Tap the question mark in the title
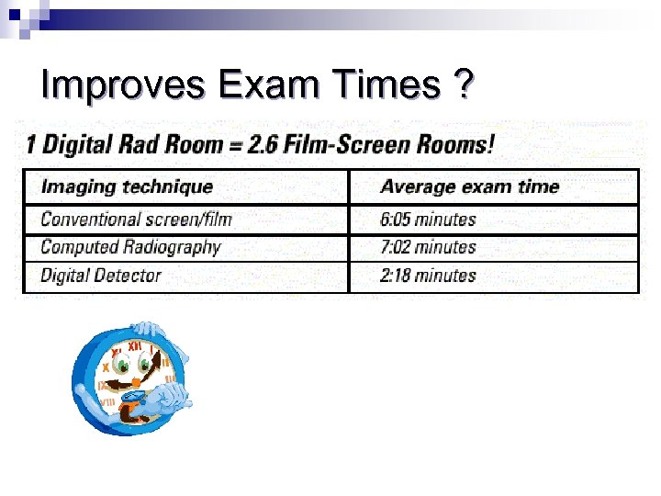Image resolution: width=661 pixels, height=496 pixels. point(465,85)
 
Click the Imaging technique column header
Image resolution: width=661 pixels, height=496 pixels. point(127,186)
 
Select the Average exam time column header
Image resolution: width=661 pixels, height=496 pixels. point(469,186)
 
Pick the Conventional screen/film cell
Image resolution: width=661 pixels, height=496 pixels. point(136,220)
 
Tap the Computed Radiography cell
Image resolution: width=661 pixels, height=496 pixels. point(130,247)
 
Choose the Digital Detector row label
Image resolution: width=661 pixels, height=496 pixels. point(101,275)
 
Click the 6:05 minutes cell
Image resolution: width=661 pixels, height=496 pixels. point(428,220)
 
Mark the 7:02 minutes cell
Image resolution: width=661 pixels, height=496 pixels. point(428,247)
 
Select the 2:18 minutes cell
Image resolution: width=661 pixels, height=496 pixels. point(428,275)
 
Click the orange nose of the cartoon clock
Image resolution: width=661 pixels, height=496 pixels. point(136,380)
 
